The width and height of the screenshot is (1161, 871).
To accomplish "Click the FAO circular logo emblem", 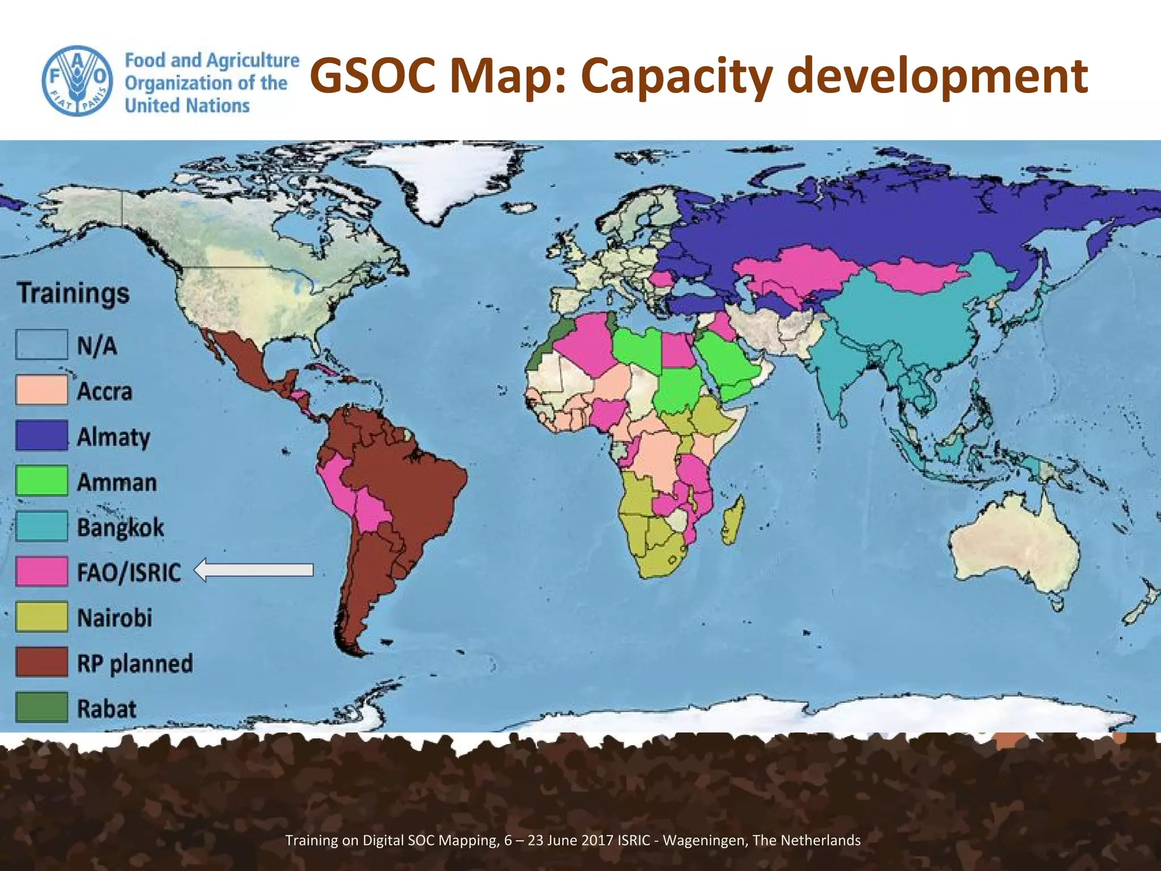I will (x=76, y=81).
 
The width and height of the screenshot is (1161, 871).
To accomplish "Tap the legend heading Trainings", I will (x=73, y=294).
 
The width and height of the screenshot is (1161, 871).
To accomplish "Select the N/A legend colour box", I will (x=42, y=345).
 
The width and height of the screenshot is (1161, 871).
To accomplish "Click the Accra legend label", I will (x=105, y=391).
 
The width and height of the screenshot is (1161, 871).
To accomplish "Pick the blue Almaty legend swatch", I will (x=42, y=435).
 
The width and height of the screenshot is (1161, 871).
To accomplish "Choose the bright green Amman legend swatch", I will (x=42, y=481).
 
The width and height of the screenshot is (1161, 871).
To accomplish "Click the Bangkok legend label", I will (x=120, y=527).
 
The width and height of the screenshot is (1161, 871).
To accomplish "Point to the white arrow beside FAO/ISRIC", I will (x=253, y=570).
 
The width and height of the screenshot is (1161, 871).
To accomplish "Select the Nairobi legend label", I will (x=115, y=618).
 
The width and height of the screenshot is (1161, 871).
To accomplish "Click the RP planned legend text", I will (x=135, y=663).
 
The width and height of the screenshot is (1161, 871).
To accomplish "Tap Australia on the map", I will (x=1015, y=550).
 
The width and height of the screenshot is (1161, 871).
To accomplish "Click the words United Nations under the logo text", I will (x=187, y=106).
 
